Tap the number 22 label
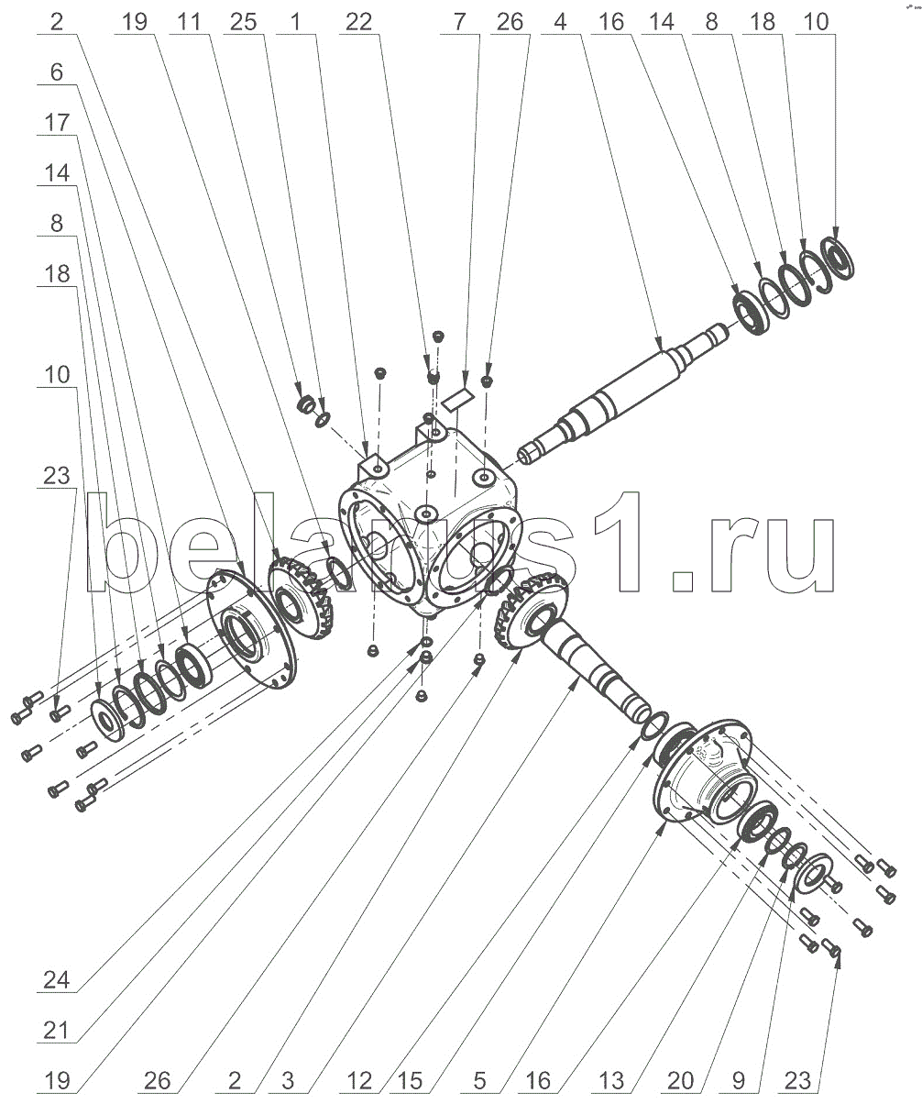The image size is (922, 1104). (359, 21)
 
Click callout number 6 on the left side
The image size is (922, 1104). (57, 73)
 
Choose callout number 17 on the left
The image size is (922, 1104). (57, 122)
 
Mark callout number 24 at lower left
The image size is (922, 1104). (57, 980)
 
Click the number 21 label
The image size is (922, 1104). (57, 1032)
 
